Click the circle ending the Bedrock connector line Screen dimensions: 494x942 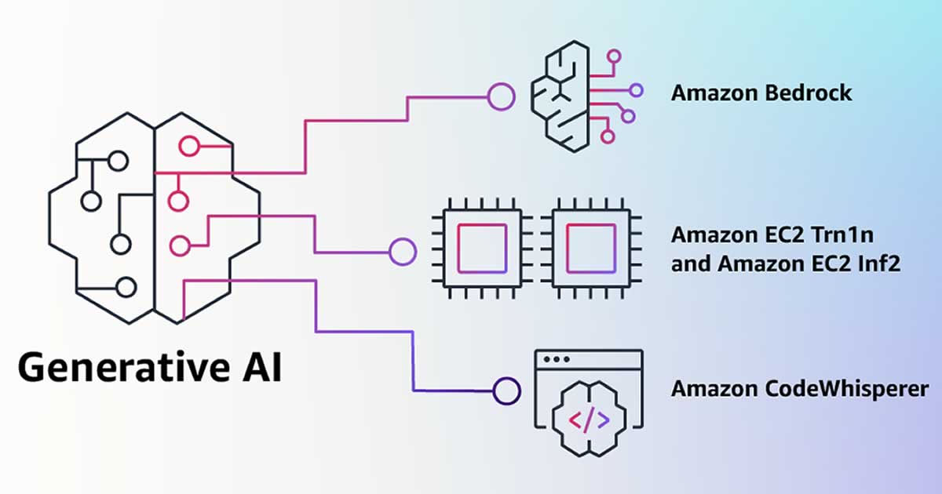(501, 97)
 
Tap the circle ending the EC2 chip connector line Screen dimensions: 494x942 (403, 252)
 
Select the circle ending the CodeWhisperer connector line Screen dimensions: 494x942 (507, 389)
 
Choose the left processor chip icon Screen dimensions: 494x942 (470, 252)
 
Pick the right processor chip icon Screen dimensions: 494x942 (591, 252)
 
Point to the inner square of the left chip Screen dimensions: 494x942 (470, 252)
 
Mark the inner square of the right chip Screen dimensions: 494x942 (591, 252)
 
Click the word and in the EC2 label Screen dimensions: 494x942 (691, 264)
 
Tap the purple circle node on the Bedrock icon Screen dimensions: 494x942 (636, 90)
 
